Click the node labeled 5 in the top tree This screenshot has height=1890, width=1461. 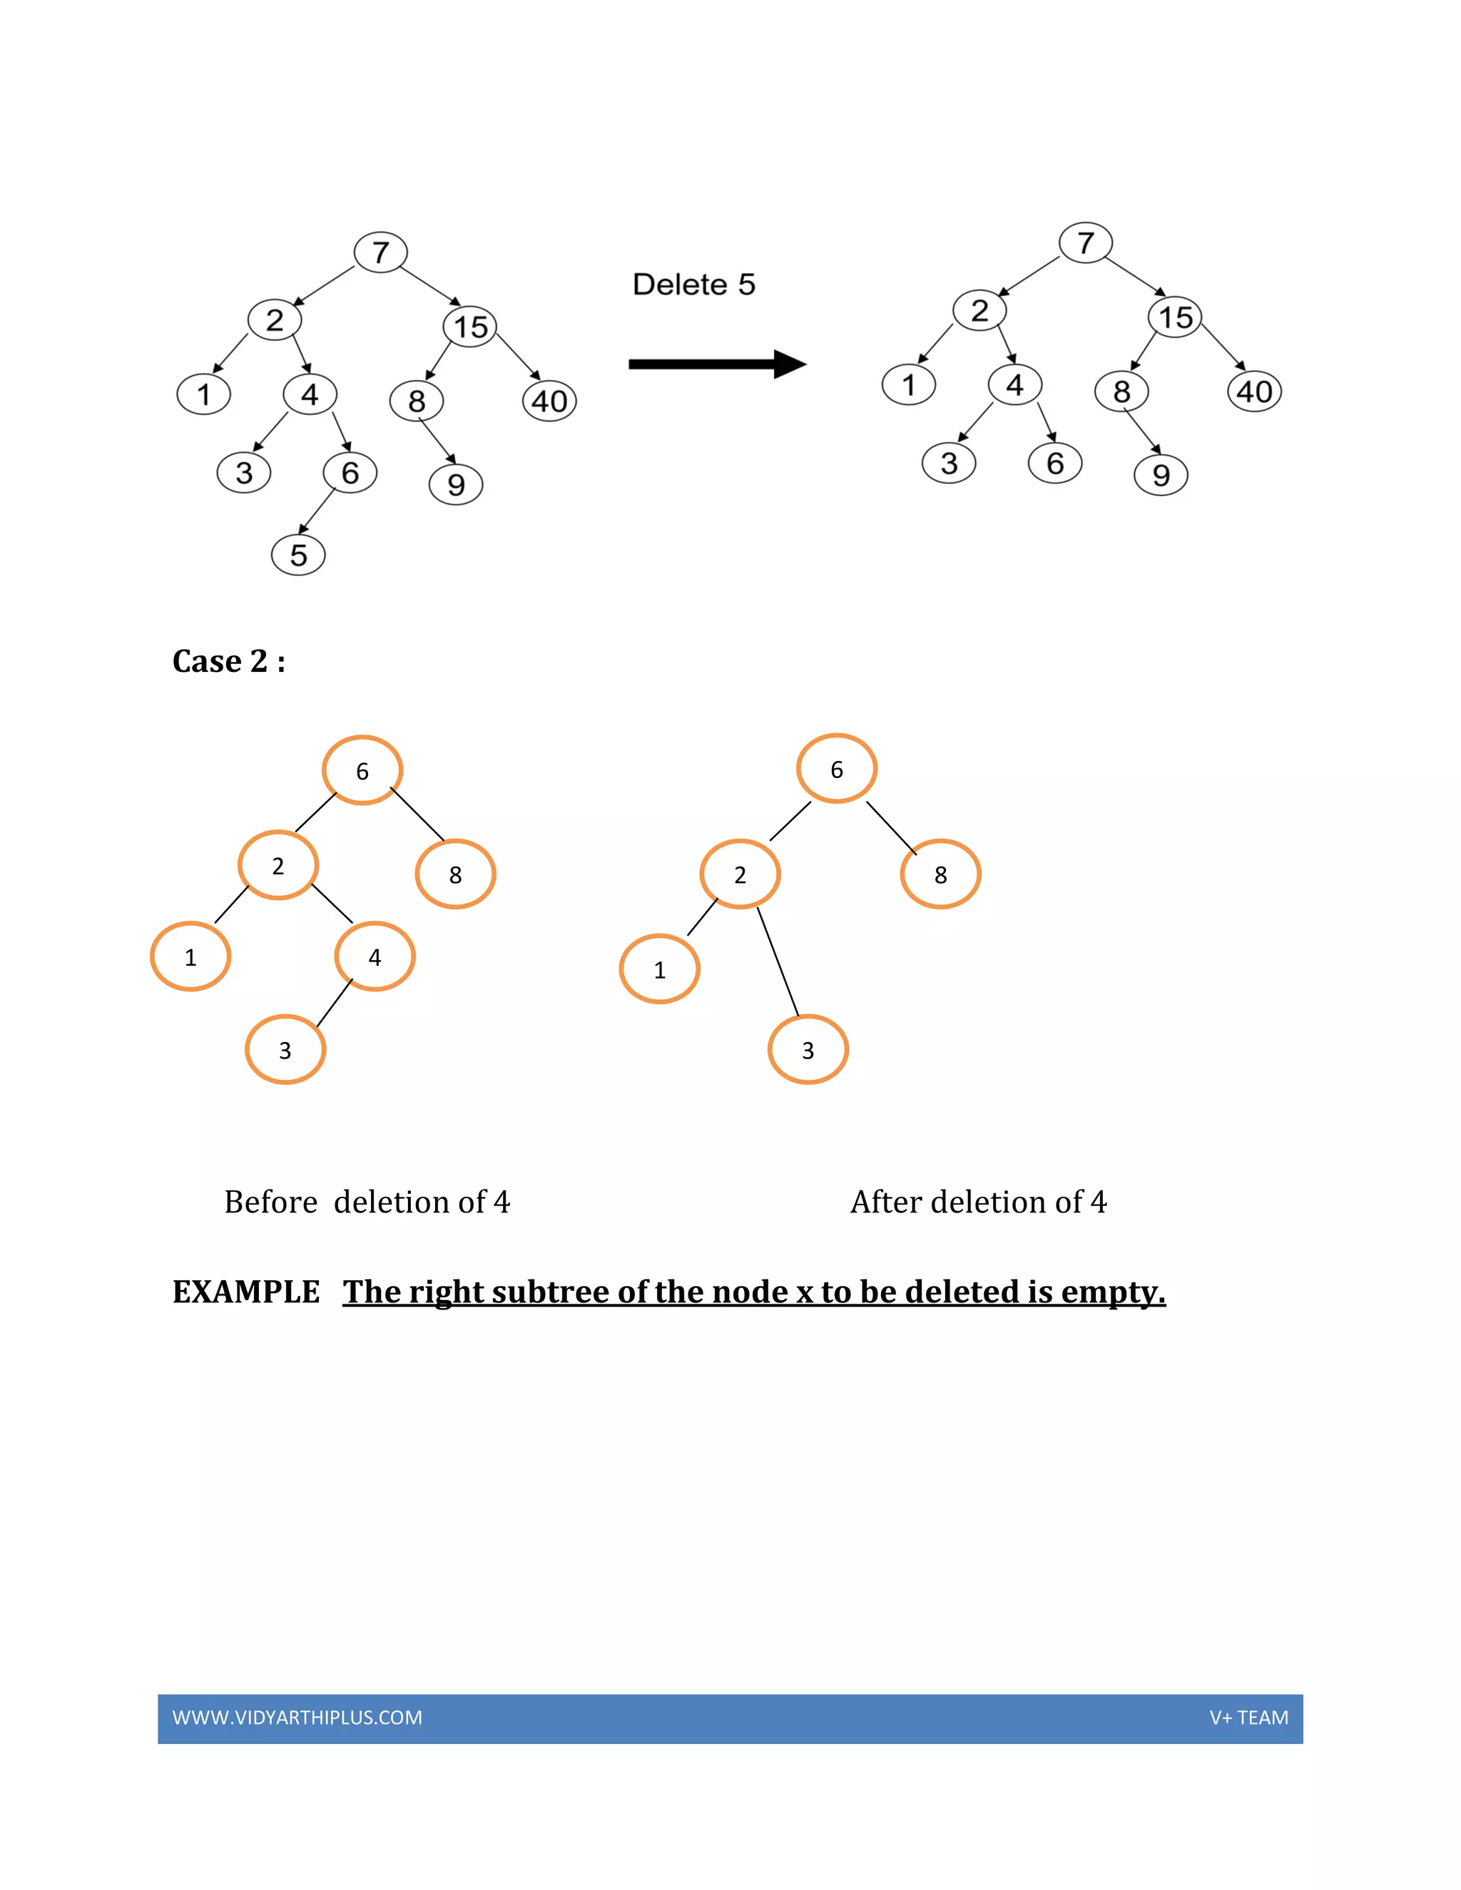(297, 555)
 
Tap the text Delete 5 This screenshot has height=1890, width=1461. (693, 285)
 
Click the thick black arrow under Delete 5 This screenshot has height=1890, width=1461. (717, 364)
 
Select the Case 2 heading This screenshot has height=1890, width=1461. (228, 661)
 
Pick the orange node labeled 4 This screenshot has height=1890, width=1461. (374, 956)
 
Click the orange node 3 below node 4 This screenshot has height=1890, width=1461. (285, 1050)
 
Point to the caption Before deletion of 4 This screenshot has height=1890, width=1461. (367, 1202)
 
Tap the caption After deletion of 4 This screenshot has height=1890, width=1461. (978, 1202)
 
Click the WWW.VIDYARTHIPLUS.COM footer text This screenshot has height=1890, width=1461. (297, 1718)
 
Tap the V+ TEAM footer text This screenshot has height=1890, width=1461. (1248, 1718)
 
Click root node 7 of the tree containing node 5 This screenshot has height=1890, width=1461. (380, 252)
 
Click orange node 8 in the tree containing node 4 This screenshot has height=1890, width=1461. (455, 874)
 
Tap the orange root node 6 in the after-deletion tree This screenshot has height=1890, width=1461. (836, 768)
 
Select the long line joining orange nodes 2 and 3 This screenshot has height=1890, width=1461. (778, 961)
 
